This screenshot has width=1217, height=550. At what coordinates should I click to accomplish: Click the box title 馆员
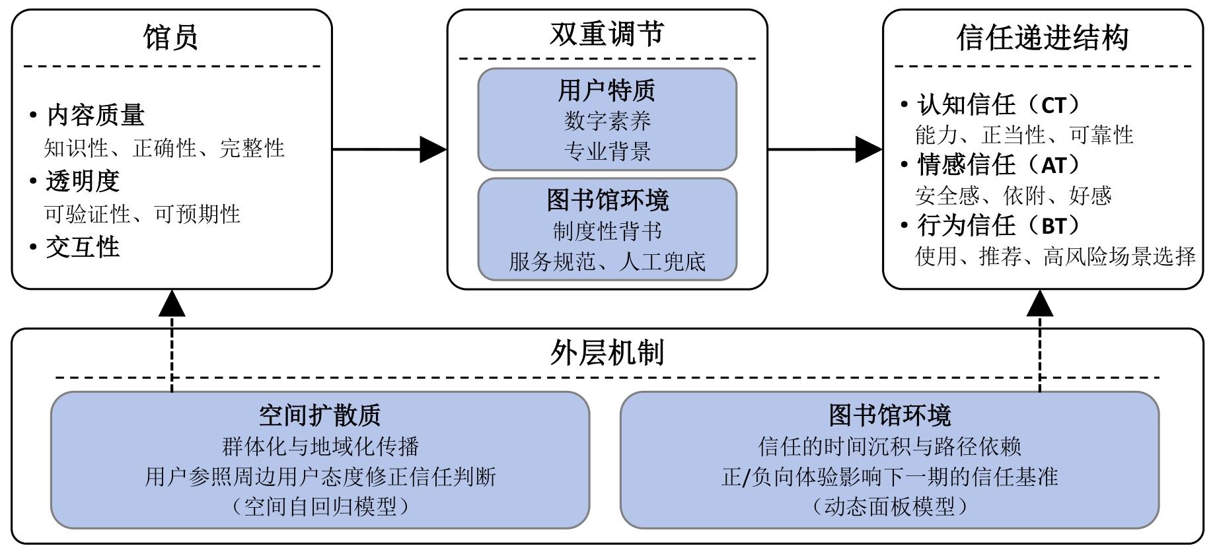pos(170,38)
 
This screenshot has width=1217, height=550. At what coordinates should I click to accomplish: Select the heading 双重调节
pos(607,34)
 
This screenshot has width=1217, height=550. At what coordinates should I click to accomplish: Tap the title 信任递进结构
pos(1043,38)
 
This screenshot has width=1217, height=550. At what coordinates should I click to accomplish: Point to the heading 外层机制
pos(607,353)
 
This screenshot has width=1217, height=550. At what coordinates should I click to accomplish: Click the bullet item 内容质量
pos(95,116)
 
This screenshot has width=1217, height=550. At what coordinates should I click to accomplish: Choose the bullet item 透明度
pos(83,182)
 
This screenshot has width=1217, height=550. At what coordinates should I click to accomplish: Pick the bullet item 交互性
pos(83,248)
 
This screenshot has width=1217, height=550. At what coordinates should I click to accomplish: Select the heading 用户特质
pos(607,90)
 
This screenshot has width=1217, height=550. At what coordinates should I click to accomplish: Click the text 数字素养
pos(607,121)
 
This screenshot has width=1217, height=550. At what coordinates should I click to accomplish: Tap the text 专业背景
pos(607,151)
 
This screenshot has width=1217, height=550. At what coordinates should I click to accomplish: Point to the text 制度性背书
pos(607,231)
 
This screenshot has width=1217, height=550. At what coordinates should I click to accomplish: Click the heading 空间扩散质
pos(320,415)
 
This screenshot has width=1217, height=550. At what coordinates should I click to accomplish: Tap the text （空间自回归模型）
pos(320,506)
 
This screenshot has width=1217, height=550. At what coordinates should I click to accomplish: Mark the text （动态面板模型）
pos(889,506)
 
